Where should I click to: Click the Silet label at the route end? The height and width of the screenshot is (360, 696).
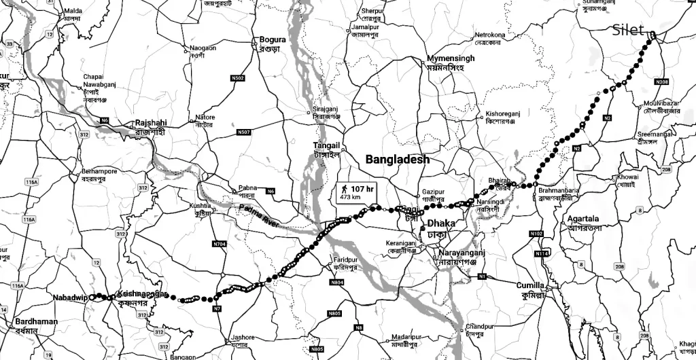629,30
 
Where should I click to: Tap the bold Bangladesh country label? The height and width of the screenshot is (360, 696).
398,160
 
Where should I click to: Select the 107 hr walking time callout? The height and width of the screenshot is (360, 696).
358,192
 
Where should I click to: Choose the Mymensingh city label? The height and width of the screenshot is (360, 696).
451,58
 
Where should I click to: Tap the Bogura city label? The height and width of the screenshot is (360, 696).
273,40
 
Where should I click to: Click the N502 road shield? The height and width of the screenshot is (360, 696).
238,79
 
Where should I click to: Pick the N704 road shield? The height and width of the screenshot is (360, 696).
219,243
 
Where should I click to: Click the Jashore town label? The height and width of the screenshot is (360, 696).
243,337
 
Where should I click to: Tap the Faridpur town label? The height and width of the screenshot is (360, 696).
345,259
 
